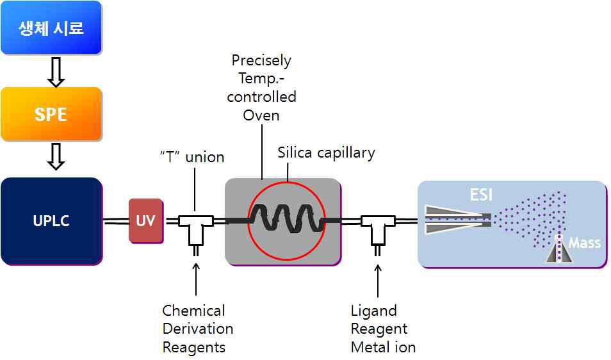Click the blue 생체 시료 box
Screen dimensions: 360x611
coord(51,28)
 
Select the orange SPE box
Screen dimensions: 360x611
coord(51,114)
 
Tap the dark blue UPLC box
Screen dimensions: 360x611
coord(51,221)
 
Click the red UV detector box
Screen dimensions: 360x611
coord(146,221)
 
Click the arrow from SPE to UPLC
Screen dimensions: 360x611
coord(56,156)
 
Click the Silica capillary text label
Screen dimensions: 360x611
coord(326,152)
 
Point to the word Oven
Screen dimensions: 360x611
coord(261,115)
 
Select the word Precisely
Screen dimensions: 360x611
coord(261,61)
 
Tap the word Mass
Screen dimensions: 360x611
coord(584,243)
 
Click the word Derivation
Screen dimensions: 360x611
coord(197,329)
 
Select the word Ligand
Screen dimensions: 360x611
coord(373,311)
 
